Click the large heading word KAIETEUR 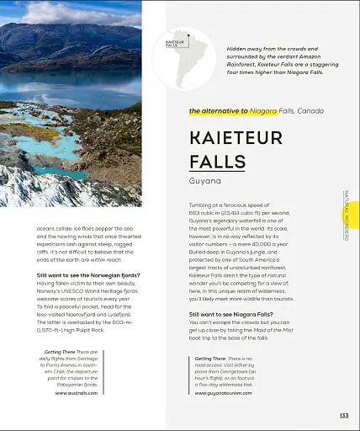pyautogui.click(x=236, y=137)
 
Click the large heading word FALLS pyautogui.click(x=217, y=161)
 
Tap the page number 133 pyautogui.click(x=344, y=415)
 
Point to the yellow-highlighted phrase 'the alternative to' pyautogui.click(x=219, y=111)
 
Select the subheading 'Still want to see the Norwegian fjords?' pyautogui.click(x=88, y=275)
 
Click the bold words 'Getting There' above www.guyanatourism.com pyautogui.click(x=210, y=359)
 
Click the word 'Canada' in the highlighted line pyautogui.click(x=308, y=111)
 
